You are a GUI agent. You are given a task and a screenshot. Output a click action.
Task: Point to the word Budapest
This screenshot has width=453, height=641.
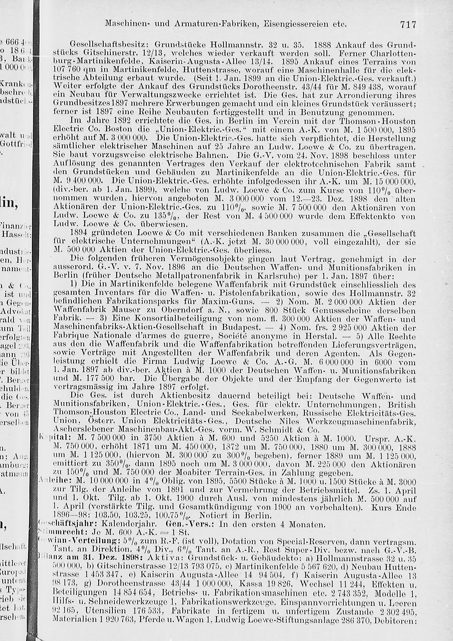(x=241, y=328)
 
